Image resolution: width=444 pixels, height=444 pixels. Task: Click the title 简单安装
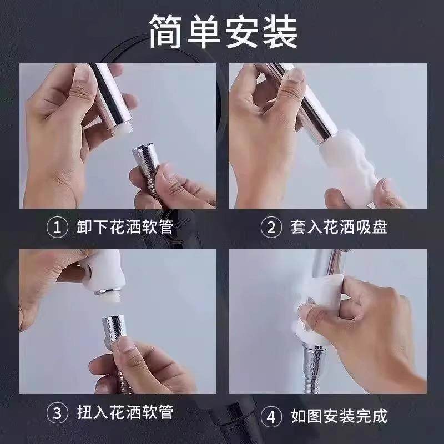click(x=224, y=32)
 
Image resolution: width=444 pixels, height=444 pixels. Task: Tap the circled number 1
click(x=57, y=227)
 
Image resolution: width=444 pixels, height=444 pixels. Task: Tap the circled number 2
click(x=271, y=227)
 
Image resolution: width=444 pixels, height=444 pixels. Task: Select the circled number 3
click(x=57, y=412)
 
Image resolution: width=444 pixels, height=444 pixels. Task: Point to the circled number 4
click(x=271, y=417)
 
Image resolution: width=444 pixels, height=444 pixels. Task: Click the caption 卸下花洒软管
click(x=125, y=227)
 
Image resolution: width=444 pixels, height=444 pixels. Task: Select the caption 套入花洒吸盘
click(x=339, y=227)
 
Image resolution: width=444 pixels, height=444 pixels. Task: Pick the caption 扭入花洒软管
click(x=125, y=412)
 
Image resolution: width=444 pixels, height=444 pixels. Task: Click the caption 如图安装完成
click(x=339, y=416)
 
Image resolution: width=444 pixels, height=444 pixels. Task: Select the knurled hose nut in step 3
click(x=115, y=329)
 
